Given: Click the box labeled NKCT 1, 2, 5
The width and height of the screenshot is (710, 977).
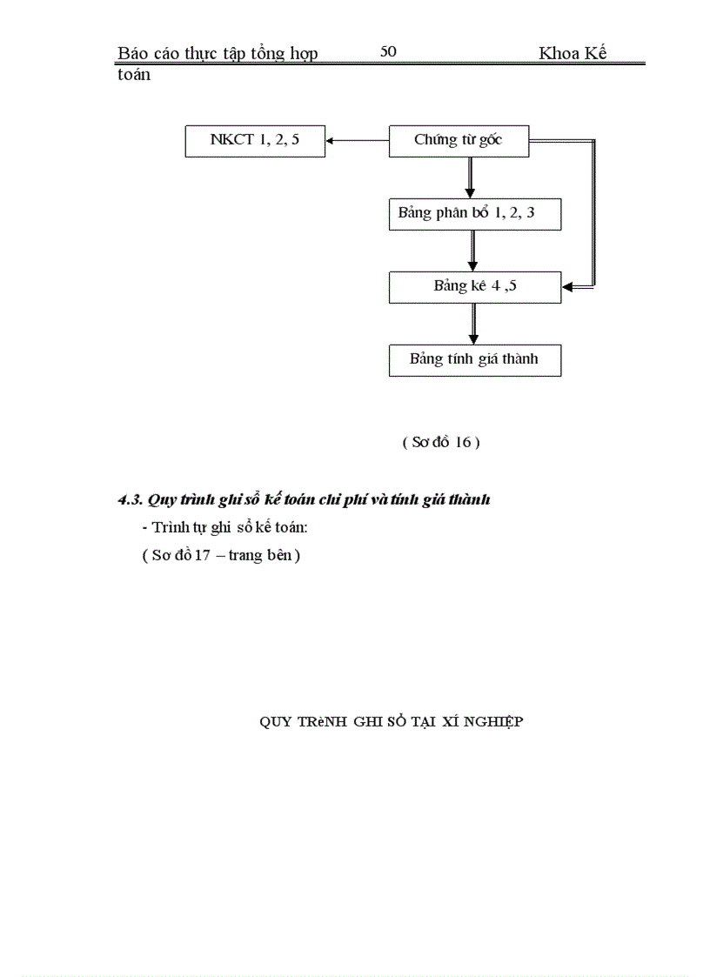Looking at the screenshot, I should click(x=255, y=141).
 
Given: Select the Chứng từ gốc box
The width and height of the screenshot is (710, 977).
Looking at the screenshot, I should click(x=459, y=141).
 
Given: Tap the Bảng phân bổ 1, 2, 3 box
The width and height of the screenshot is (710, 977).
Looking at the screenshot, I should click(x=474, y=214).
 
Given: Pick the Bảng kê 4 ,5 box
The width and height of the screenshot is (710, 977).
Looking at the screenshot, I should click(x=474, y=286).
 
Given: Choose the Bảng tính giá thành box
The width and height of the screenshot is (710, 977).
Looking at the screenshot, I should click(x=474, y=359).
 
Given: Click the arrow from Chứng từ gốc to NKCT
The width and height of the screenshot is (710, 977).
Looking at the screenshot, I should click(x=357, y=141).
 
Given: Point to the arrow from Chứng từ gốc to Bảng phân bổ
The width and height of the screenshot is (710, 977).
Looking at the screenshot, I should click(x=470, y=179).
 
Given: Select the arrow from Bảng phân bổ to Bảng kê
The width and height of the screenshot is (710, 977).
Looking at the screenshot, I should click(x=472, y=251).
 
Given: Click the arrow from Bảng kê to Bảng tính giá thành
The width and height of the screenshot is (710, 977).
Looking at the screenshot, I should click(x=473, y=323).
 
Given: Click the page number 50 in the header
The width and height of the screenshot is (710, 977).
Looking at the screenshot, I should click(x=388, y=51).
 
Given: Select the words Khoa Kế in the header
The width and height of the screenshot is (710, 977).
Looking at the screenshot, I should click(x=573, y=53).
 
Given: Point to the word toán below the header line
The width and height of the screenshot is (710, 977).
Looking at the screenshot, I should click(x=133, y=75).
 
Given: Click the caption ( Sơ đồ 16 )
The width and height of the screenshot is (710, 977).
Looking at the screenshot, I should click(x=441, y=442).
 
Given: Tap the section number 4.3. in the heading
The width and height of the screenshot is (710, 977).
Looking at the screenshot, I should click(x=131, y=500).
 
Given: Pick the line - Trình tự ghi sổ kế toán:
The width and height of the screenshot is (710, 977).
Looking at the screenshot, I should click(x=224, y=528).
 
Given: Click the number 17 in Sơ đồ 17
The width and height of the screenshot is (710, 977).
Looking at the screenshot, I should click(x=203, y=556).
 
